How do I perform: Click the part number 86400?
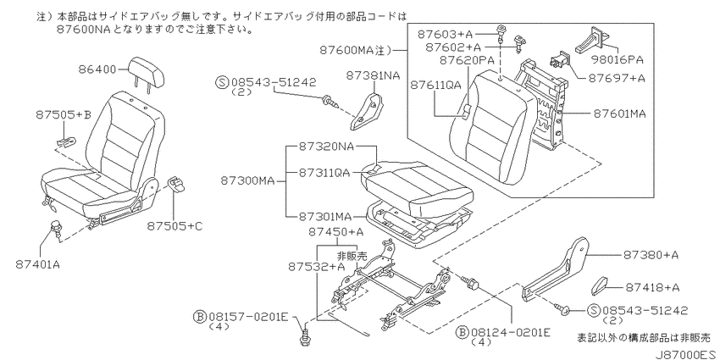click(97, 70)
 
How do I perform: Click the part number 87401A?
click(39, 264)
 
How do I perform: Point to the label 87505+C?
click(174, 226)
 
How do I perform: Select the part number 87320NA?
click(326, 146)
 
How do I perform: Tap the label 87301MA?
click(324, 216)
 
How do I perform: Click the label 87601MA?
click(619, 114)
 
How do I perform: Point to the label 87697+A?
click(617, 78)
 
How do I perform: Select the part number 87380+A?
click(651, 255)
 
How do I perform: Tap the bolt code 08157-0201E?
click(248, 317)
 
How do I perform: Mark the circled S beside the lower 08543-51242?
click(593, 311)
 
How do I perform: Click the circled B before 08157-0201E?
click(200, 317)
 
